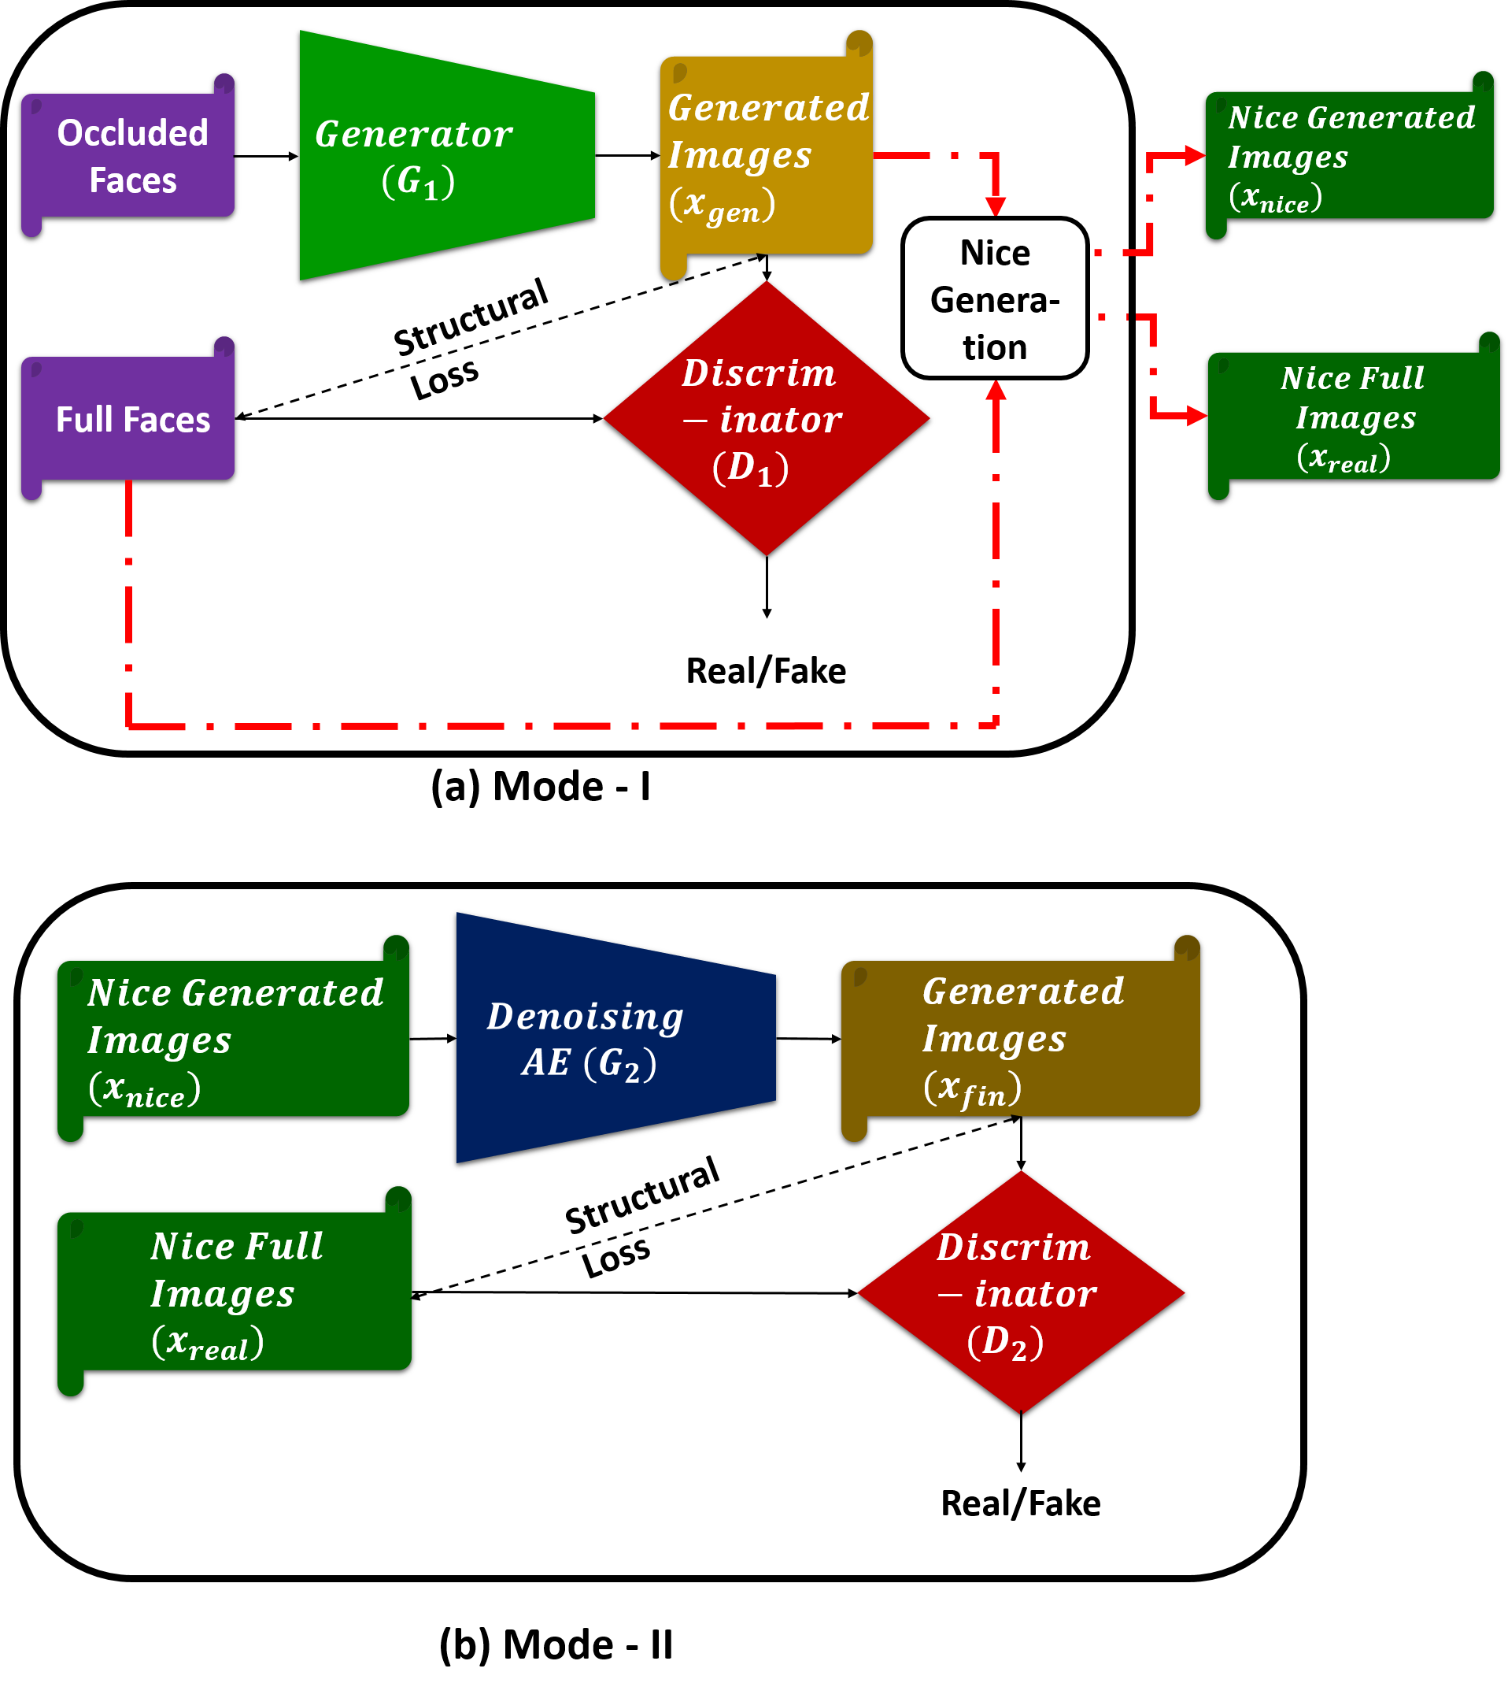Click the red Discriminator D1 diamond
[x=766, y=418]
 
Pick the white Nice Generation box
[x=994, y=298]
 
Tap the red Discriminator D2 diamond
[x=1020, y=1292]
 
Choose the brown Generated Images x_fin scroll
[x=1020, y=1038]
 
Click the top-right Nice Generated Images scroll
[x=1349, y=156]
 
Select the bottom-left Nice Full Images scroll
[x=235, y=1291]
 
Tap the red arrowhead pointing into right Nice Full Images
[x=1196, y=414]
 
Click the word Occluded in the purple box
[x=132, y=133]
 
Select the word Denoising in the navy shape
[x=585, y=1017]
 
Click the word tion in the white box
[x=994, y=347]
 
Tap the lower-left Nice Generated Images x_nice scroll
[x=235, y=1038]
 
